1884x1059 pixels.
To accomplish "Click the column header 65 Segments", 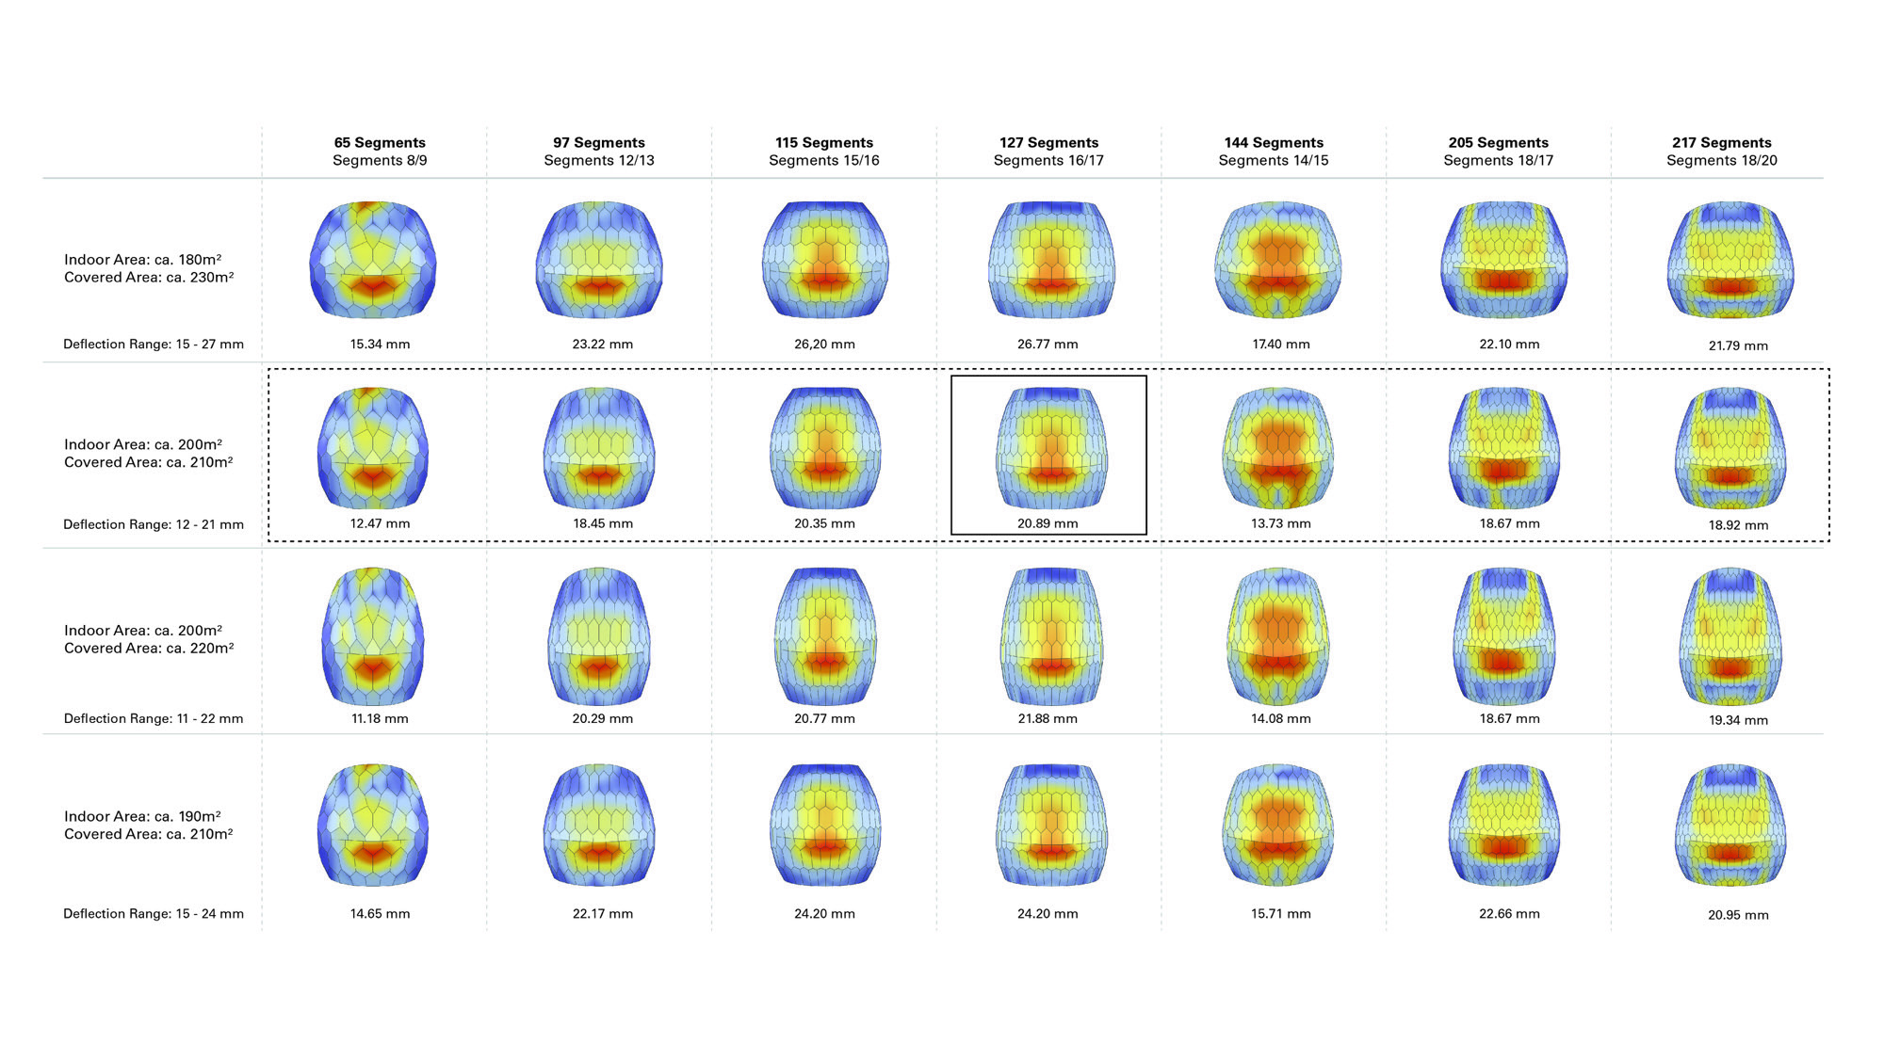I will coord(380,142).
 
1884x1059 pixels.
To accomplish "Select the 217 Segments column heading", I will coord(1722,142).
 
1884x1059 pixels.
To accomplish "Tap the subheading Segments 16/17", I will coord(1048,161).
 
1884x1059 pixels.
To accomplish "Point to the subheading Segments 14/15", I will coord(1274,161).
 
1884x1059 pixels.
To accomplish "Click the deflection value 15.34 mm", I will coord(380,345).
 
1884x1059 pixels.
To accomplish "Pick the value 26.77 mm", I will coord(1048,345).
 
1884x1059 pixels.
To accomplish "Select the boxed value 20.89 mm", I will coord(1048,523).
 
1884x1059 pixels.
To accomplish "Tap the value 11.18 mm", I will coord(380,718).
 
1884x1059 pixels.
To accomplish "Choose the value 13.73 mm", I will coord(1280,523).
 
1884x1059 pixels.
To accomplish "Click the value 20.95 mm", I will coord(1738,915).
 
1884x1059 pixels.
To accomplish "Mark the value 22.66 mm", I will coord(1509,913).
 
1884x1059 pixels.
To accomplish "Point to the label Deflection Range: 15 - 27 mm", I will coord(154,345).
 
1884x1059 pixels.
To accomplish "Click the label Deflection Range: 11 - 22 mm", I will coord(154,718).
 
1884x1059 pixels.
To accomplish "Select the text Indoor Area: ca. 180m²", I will coord(143,260).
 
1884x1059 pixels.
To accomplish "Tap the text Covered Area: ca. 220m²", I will coord(149,649).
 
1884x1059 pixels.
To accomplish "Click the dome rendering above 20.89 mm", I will coord(1051,448).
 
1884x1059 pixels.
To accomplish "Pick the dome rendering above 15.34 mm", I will coord(373,260).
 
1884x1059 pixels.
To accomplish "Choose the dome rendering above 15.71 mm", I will coord(1277,825).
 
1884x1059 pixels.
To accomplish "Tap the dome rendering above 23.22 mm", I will coord(599,260).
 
